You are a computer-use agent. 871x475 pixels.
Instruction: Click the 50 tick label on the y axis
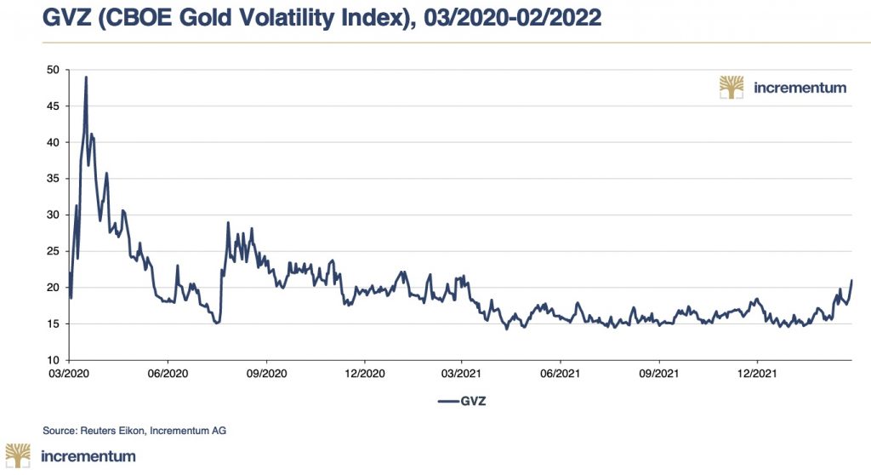coord(52,69)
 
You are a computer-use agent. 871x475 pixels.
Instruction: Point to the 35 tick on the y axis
coord(52,178)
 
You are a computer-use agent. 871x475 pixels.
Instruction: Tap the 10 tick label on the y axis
coord(52,360)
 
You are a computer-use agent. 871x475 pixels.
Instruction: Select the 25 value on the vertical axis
coord(52,251)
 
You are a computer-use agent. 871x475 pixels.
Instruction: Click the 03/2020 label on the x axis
coord(70,372)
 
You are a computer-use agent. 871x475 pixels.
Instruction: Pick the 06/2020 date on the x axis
coord(168,372)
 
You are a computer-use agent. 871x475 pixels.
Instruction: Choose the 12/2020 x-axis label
coord(363,372)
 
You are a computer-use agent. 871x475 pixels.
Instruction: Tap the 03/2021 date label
coord(461,372)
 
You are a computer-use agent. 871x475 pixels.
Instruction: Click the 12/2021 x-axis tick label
coord(756,372)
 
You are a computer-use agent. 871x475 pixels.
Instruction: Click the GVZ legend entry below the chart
coord(460,400)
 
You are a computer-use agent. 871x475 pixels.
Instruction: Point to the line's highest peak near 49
coord(86,77)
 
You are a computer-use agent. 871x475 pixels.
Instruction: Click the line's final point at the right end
coord(851,280)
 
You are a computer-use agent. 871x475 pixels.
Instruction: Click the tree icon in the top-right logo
coord(731,87)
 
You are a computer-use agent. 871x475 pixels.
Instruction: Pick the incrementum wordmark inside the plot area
coord(800,87)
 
